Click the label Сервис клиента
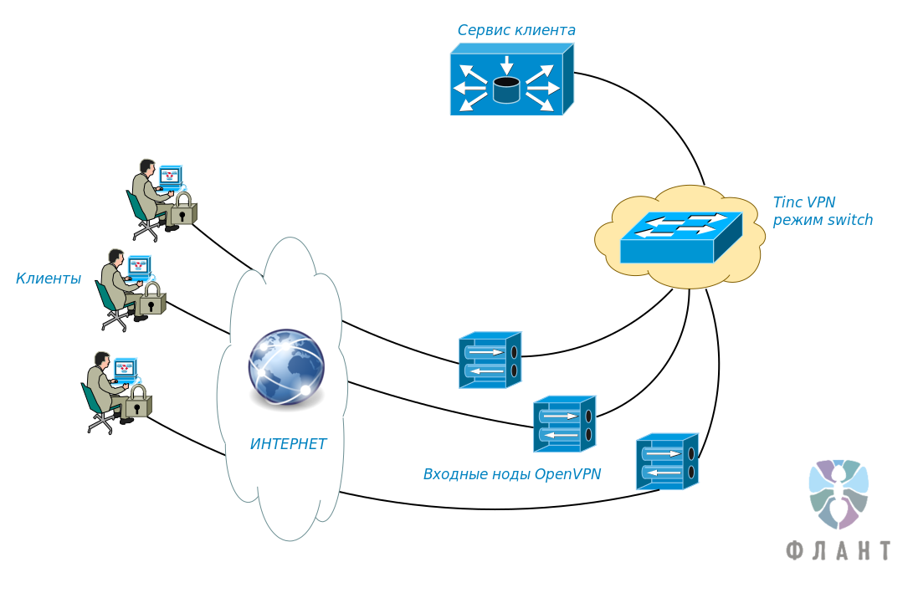coord(515,30)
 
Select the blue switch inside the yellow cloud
coord(680,238)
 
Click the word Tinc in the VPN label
coord(787,202)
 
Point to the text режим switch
coord(822,221)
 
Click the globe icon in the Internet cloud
coord(285,368)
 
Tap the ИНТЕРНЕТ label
coord(288,444)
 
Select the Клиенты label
coord(48,279)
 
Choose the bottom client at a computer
coord(108,388)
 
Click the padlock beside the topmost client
coord(182,210)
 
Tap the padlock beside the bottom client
coord(137,402)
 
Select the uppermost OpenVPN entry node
coord(490,360)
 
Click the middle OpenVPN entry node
coord(564,424)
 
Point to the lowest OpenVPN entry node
coord(667,462)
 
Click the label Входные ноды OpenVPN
coord(512,474)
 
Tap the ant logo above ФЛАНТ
coord(838,493)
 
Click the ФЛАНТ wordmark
coord(838,549)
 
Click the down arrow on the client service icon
coord(506,64)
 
